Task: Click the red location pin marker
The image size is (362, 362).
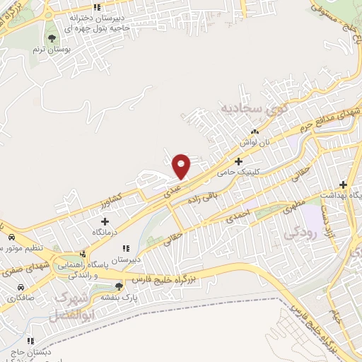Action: [x=182, y=165]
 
